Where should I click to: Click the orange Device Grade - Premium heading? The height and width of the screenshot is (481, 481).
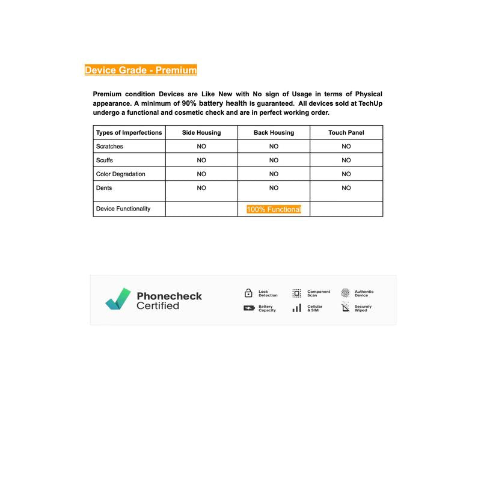141,70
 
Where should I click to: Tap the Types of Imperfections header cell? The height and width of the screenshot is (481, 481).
129,132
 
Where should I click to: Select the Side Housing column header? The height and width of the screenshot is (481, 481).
201,132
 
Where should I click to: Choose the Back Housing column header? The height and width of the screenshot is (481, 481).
274,132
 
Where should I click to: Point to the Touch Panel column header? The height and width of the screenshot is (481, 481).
346,132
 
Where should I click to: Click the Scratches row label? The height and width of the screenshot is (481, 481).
109,146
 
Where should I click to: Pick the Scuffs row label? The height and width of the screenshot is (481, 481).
105,161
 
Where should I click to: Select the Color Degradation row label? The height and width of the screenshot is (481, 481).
120,174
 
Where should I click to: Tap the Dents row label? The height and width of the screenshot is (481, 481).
104,188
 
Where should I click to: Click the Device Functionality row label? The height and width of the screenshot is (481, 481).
123,209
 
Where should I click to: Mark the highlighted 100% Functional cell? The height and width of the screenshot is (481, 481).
274,209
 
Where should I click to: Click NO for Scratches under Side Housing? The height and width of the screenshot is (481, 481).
201,146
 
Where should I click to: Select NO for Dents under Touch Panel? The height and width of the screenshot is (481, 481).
346,188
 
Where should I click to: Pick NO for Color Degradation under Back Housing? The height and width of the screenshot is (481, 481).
274,174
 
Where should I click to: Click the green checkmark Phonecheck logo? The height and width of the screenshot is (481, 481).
118,298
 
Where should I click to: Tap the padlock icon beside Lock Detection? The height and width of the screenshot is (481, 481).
248,293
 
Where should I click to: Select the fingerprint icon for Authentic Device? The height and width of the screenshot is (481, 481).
345,293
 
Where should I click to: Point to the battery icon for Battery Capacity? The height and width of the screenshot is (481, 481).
248,308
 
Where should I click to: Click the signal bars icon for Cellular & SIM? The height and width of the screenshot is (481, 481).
296,308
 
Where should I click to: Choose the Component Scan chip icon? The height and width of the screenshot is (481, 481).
296,293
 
